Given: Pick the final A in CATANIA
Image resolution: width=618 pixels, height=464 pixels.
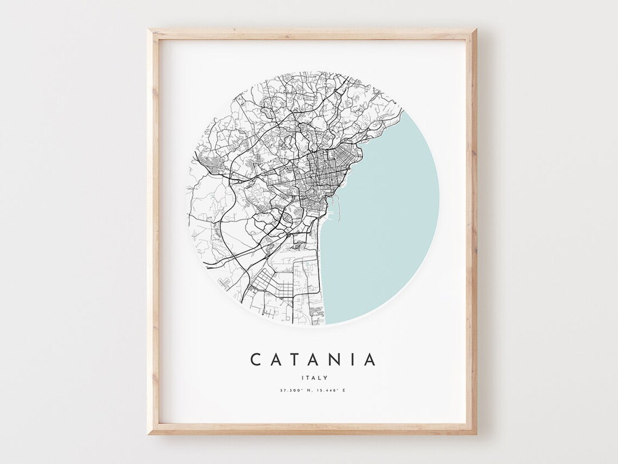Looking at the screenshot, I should pos(370,359).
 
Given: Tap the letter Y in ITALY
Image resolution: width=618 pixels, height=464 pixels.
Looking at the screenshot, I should pos(324,377).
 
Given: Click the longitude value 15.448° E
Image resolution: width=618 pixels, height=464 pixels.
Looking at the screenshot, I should pos(330,391).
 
